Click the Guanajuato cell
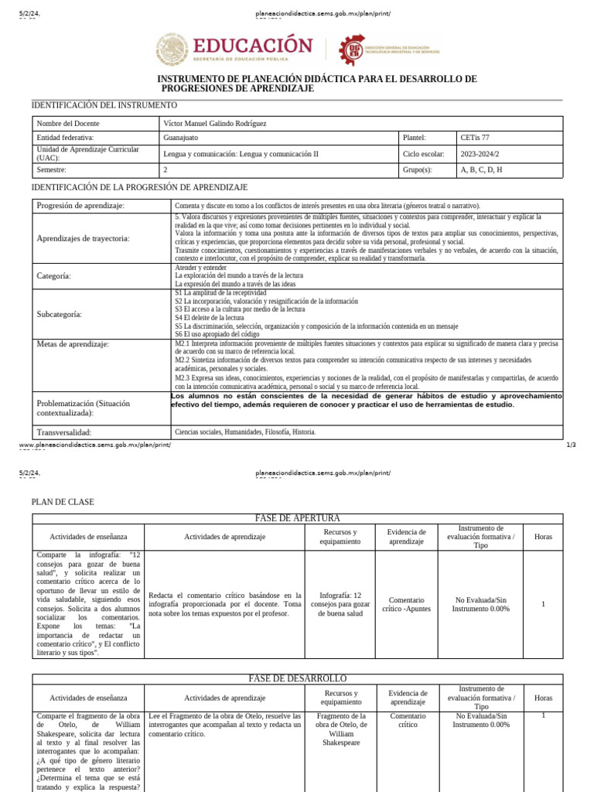pyautogui.click(x=181, y=138)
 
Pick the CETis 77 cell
pyautogui.click(x=475, y=138)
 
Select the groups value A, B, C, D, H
pyautogui.click(x=481, y=169)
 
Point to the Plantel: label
pyautogui.click(x=415, y=138)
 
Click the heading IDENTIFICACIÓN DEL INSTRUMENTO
pyautogui.click(x=104, y=105)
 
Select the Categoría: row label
pyautogui.click(x=54, y=275)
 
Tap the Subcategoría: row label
pyautogui.click(x=60, y=315)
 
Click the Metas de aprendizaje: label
pyautogui.click(x=73, y=343)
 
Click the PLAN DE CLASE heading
pyautogui.click(x=63, y=502)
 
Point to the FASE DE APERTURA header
pyautogui.click(x=297, y=518)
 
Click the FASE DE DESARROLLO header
pyautogui.click(x=297, y=678)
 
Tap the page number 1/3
pyautogui.click(x=572, y=445)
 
